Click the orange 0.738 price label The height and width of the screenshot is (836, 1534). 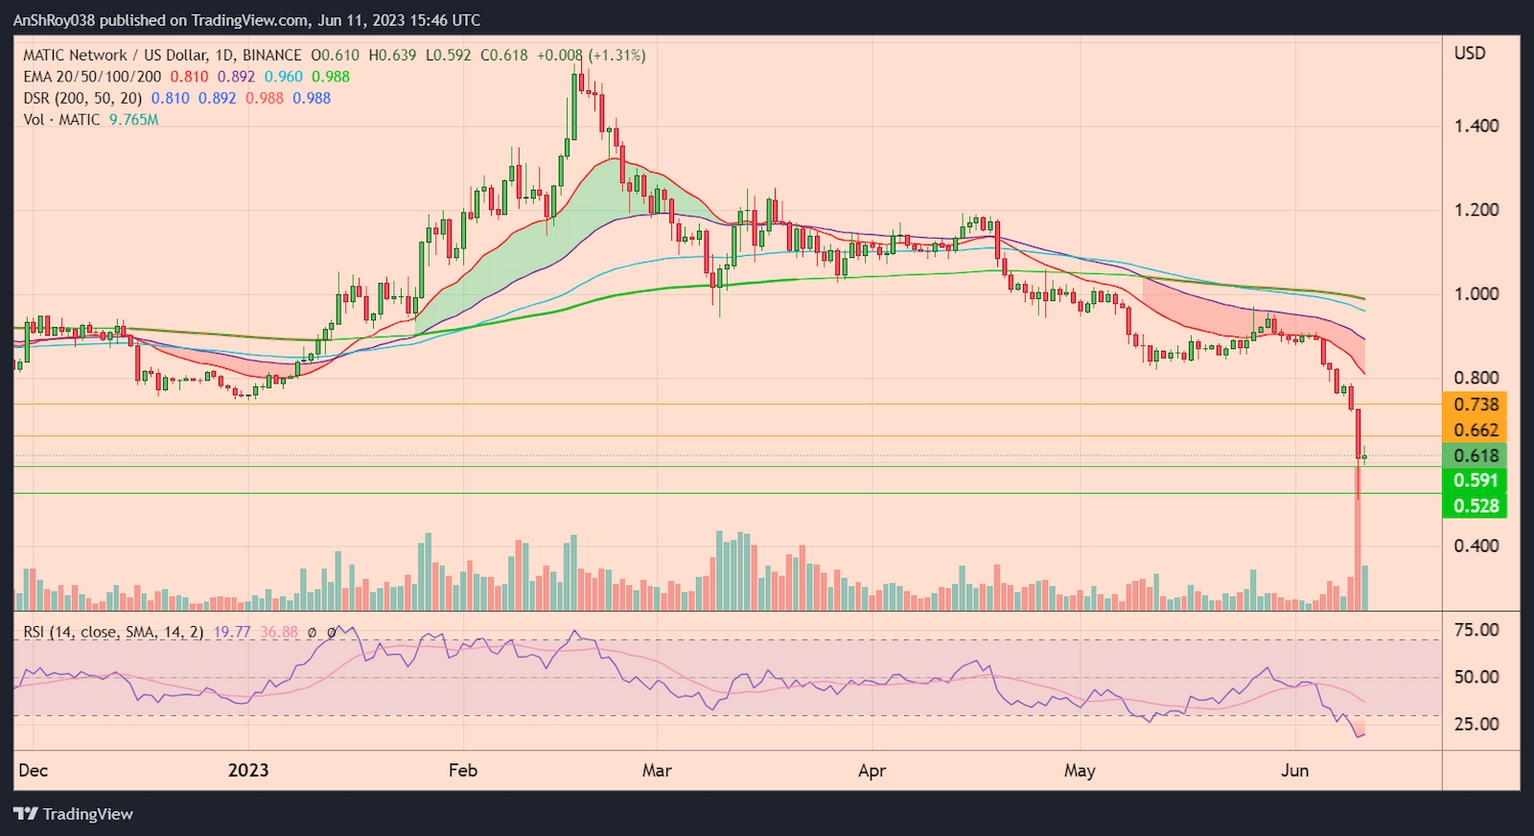point(1475,405)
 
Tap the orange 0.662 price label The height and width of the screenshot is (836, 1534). point(1475,430)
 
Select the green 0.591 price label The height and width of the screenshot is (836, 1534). point(1475,480)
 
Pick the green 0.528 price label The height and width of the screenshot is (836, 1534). point(1475,505)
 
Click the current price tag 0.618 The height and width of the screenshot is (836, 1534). point(1475,455)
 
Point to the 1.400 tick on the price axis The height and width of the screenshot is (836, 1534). point(1476,126)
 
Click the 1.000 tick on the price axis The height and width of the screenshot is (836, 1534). point(1476,294)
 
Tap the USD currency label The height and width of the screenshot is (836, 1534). point(1469,54)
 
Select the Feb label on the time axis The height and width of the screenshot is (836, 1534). point(462,771)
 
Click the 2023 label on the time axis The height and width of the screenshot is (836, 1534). point(248,771)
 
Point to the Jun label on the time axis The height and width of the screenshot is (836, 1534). point(1294,771)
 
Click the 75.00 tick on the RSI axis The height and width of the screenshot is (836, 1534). point(1476,630)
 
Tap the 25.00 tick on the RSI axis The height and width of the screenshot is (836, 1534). point(1476,724)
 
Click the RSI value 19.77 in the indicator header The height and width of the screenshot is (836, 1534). point(232,633)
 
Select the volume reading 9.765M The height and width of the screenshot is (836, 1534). point(133,120)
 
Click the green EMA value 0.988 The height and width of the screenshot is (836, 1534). point(331,77)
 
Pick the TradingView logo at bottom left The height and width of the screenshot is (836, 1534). point(74,814)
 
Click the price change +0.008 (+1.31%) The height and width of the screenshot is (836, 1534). point(591,56)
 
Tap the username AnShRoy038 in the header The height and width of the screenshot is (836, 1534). point(54,20)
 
